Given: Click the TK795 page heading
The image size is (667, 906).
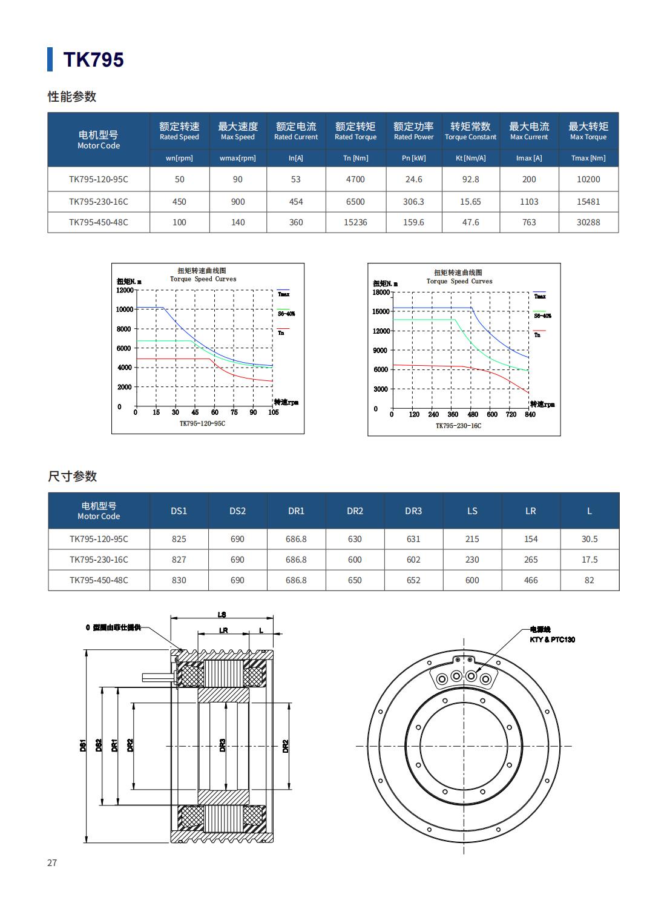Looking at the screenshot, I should (93, 59).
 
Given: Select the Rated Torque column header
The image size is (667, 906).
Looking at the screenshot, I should (355, 131).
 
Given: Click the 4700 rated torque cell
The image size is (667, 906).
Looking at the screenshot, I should (355, 179).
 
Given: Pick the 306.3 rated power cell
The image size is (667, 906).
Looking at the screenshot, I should (413, 202).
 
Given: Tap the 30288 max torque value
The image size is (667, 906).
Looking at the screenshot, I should (588, 222).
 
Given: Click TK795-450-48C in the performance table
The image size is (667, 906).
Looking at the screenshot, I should (99, 222).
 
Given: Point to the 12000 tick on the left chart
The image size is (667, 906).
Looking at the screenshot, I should (124, 290).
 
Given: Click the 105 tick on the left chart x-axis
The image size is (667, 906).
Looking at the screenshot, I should (274, 412).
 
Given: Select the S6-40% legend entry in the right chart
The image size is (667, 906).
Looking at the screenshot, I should (542, 316).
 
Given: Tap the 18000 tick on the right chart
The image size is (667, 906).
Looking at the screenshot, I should (381, 293).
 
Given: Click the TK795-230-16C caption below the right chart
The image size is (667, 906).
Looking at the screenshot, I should (458, 426).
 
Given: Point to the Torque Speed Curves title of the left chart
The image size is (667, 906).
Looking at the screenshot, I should (203, 279).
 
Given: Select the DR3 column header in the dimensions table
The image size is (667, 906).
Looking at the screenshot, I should (413, 511).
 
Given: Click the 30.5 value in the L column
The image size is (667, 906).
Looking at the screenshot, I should (590, 539).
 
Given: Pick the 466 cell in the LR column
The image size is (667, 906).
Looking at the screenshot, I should (531, 580).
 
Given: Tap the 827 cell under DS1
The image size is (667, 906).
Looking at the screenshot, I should (179, 560).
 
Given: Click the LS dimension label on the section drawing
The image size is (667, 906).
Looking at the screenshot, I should (222, 615).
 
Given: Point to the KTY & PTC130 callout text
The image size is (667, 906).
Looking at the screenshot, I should (552, 640).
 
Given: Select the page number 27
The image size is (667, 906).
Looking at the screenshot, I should (52, 862).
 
